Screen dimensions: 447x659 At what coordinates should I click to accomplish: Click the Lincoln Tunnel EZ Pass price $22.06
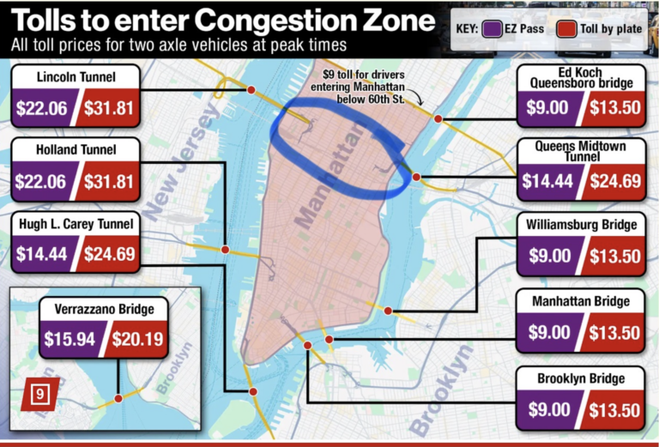click(x=43, y=109)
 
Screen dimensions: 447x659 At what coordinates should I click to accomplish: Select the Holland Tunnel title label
click(x=76, y=150)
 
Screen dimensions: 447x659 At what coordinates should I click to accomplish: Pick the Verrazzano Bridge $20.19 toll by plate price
click(x=137, y=339)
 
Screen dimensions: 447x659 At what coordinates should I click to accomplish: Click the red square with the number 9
click(x=39, y=394)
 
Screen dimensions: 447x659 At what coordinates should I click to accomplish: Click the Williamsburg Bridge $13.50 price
click(x=614, y=255)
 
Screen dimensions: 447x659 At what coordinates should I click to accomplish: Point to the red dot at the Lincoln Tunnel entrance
click(x=251, y=89)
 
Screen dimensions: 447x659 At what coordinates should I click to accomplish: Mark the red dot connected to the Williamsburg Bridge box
click(x=388, y=311)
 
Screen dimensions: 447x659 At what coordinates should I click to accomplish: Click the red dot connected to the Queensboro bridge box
click(x=438, y=118)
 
